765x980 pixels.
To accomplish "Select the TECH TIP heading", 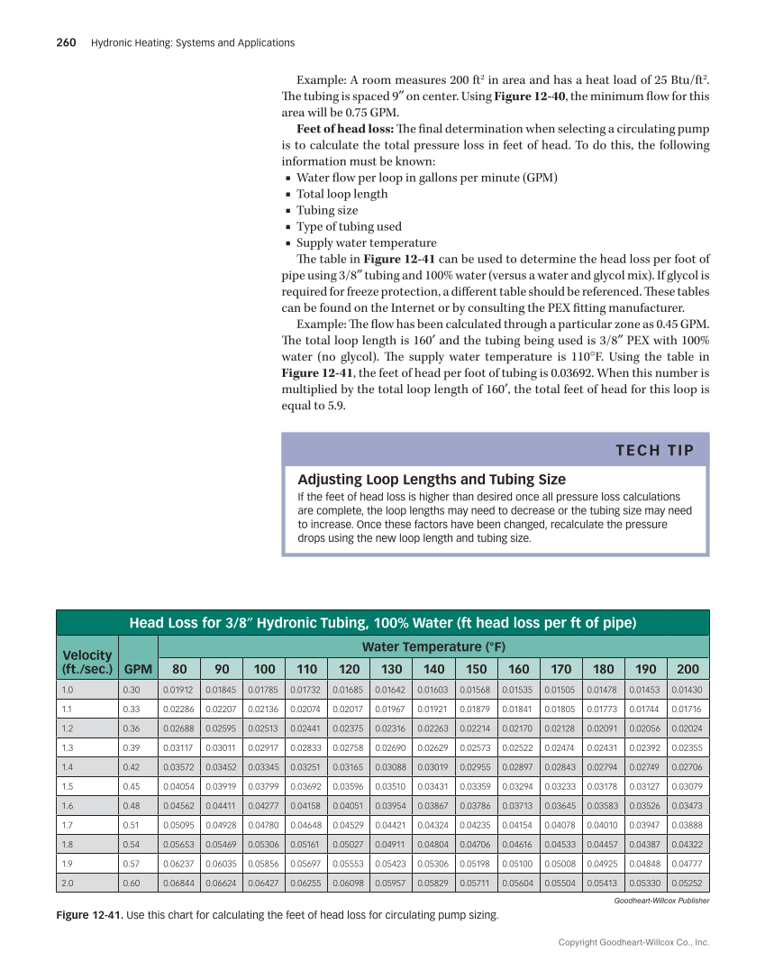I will pos(655,450).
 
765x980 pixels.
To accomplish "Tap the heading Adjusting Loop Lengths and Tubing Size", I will pos(432,480).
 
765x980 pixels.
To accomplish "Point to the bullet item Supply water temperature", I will pos(367,243).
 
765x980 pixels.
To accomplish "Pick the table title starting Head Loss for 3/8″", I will pos(383,622).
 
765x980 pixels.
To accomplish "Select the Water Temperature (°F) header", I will pos(433,646).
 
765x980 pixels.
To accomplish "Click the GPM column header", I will pos(138,670).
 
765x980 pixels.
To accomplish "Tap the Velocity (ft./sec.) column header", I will pos(87,662).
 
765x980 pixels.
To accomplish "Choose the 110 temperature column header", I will pos(306,670).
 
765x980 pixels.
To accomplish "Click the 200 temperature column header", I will pos(688,670).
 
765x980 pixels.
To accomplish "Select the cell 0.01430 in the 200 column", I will pos(688,690).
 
